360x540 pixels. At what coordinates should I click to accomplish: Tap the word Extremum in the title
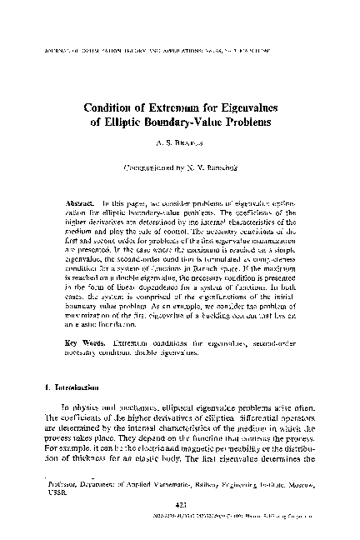(194, 107)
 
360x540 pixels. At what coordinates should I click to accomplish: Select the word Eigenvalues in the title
(251, 107)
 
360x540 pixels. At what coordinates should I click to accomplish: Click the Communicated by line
(181, 167)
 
